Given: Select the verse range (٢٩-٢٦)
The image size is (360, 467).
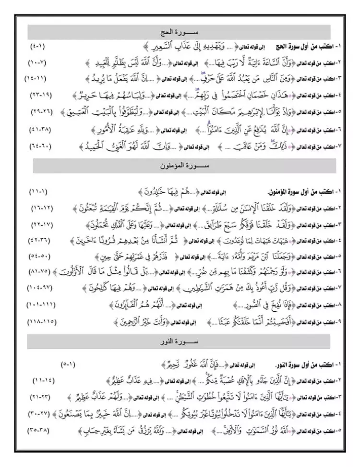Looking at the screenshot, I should click(x=39, y=111).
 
